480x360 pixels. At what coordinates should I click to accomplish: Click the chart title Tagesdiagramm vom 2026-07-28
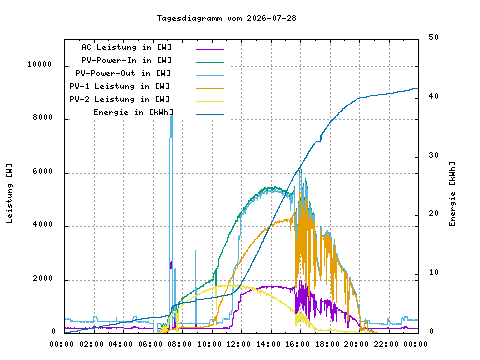227,18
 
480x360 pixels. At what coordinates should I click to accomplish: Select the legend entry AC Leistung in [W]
126,47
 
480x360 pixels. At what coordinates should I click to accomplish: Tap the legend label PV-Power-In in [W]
126,60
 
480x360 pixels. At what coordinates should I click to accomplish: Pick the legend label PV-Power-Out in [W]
123,73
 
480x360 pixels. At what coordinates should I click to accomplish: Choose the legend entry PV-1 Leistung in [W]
120,86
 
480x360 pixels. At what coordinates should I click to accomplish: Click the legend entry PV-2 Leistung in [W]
120,99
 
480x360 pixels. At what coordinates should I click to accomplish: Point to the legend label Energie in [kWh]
133,112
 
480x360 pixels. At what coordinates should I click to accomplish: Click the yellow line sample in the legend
210,101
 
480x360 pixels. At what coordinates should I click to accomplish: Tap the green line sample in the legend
210,62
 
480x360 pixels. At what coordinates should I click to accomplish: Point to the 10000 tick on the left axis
40,64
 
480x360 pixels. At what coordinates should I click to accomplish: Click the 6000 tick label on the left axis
43,171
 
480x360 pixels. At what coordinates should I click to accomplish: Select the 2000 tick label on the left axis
43,278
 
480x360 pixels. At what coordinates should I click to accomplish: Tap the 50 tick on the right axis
434,37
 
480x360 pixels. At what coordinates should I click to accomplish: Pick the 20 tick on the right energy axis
434,213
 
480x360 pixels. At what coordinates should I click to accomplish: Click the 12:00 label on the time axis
238,344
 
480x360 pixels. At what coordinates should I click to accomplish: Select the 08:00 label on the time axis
179,344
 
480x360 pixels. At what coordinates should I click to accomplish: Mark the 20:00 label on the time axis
356,344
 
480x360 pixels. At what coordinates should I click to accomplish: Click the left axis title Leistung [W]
9,193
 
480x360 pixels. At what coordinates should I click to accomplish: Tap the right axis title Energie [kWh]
452,194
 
